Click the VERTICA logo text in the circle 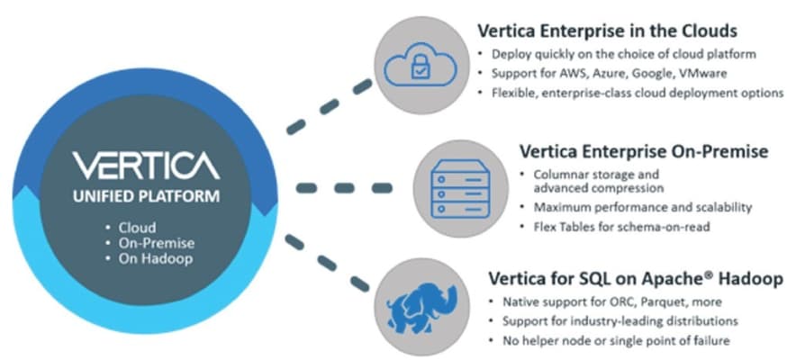146,166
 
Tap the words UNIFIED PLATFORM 146,196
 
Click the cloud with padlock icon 421,65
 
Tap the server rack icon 460,188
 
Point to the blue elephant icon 421,305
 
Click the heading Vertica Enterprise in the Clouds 607,31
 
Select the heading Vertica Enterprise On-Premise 644,151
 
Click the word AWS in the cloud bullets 553,73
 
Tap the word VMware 702,73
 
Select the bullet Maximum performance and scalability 642,207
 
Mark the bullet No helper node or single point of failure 616,341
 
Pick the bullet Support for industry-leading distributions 620,321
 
